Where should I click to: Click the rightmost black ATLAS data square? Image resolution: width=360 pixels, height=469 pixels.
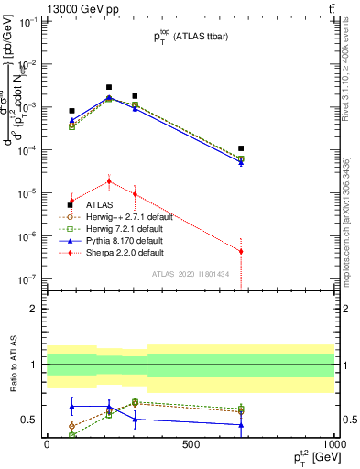tap(241, 148)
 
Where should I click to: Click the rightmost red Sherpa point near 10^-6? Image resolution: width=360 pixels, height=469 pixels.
tap(241, 251)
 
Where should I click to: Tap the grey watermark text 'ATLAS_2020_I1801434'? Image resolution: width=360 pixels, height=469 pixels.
tap(190, 274)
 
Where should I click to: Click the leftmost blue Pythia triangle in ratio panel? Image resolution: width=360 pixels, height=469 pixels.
tap(71, 406)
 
